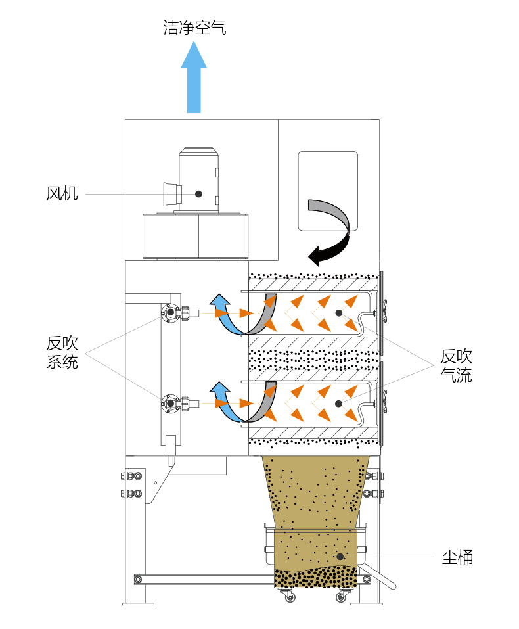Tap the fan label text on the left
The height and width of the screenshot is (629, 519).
[x=62, y=193]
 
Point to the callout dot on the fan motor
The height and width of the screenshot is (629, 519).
[x=198, y=193]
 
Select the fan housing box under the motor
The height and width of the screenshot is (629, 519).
[x=196, y=235]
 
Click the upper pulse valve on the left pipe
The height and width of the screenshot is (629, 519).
[x=172, y=313]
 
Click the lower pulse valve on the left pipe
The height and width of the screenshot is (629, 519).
[x=172, y=402]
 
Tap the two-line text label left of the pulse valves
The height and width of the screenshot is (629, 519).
[x=62, y=352]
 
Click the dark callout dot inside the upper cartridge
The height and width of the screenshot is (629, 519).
[x=338, y=313]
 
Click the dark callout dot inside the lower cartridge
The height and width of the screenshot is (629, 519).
[x=338, y=403]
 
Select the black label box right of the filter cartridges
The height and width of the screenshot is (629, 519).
[x=457, y=365]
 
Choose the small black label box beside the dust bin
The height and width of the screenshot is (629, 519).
[x=457, y=557]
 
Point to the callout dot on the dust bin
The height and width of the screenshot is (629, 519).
[x=340, y=557]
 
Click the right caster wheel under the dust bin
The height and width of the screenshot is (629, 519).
[x=341, y=596]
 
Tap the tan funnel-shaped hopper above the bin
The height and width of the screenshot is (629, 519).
[x=315, y=490]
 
